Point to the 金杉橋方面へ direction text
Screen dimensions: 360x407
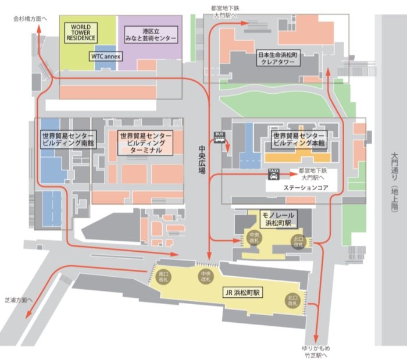coord(31,19)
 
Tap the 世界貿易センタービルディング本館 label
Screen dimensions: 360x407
coord(298,140)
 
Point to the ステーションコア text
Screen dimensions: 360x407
coord(306,189)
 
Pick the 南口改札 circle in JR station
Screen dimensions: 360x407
coord(163,276)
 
